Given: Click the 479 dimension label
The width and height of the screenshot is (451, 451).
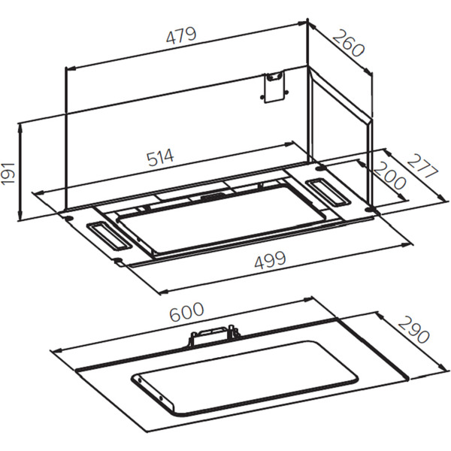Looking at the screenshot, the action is tap(181, 35).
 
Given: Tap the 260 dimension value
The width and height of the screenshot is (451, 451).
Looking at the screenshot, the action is tap(349, 43).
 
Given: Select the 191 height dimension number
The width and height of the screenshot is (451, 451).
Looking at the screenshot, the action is tap(8, 173).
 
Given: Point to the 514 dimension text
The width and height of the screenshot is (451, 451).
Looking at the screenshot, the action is tap(160, 157).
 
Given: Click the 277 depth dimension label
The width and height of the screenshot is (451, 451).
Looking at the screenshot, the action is tap(422, 166).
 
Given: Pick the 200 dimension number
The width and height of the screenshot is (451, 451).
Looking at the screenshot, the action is tap(389, 175).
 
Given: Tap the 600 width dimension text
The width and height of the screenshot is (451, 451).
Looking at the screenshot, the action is tap(186, 312).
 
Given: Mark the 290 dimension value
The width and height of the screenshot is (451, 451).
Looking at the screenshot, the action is tap(413, 330).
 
